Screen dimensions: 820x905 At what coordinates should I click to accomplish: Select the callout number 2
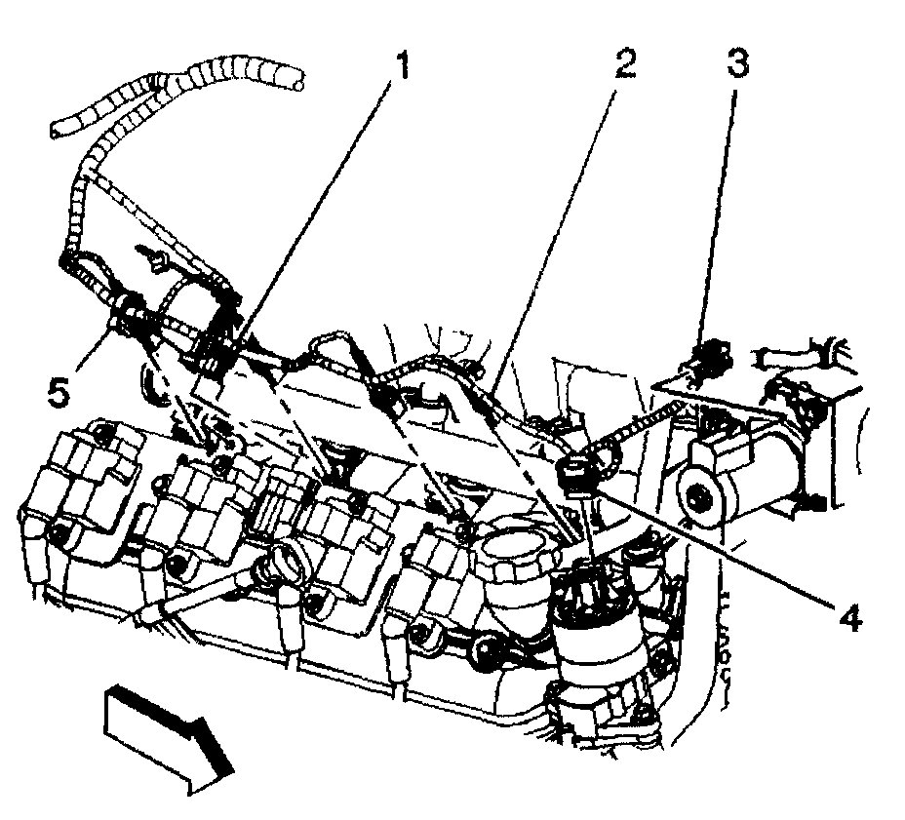pyautogui.click(x=623, y=66)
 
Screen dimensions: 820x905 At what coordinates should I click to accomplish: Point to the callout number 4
pyautogui.click(x=851, y=618)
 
